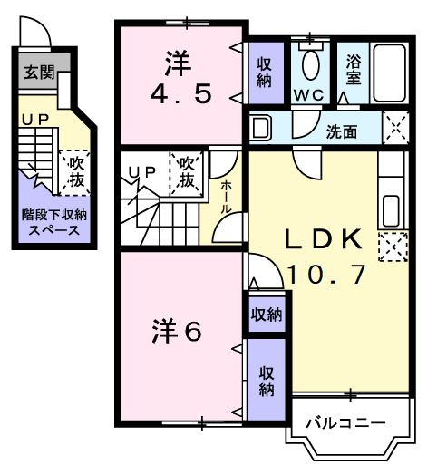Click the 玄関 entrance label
click(x=37, y=72)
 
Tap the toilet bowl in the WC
click(x=311, y=64)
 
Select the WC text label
click(x=309, y=95)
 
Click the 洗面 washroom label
click(x=342, y=131)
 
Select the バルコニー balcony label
click(x=345, y=421)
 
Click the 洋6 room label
click(x=176, y=332)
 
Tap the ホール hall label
click(x=226, y=197)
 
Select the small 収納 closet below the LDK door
click(x=267, y=315)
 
